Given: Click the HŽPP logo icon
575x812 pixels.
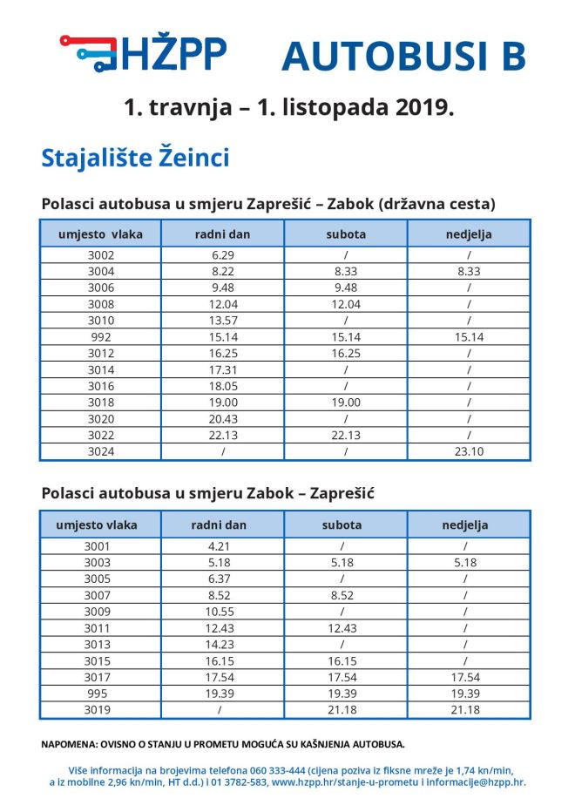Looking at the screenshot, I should point(88,52).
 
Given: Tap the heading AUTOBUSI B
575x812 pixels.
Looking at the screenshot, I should point(403,56).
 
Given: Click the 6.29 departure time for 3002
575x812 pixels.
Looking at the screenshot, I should point(223,255).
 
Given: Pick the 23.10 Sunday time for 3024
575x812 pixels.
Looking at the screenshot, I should point(468,451).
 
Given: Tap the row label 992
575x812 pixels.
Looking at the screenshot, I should point(100,337).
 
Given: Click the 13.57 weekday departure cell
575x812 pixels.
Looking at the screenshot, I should point(223,321).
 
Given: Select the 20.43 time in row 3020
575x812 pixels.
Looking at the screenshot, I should point(223,418).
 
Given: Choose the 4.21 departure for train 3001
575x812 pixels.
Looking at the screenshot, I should point(223,546).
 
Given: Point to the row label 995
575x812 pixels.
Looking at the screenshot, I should point(97,694).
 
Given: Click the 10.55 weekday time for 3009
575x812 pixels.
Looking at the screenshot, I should point(223,612).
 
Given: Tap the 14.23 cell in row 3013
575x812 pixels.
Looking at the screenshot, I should point(223,645).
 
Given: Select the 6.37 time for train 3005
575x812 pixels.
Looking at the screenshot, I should point(223,579).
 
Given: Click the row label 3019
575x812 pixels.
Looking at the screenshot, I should point(97,710).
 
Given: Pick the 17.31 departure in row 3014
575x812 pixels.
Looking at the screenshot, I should point(223,369).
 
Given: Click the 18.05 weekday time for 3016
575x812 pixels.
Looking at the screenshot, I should point(223,386).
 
